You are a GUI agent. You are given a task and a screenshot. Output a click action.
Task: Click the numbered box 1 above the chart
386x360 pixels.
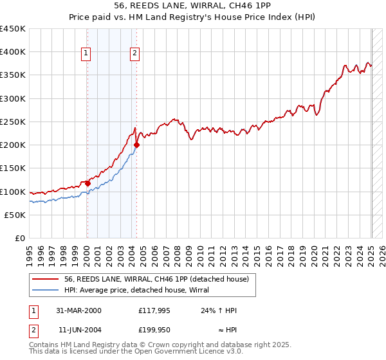pos(86,54)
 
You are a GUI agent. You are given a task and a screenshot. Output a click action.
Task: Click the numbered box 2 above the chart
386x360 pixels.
pos(135,54)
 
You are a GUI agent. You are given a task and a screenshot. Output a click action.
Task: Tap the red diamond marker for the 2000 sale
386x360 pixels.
pos(87,183)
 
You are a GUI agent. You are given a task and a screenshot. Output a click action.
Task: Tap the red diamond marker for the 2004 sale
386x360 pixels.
pos(136,145)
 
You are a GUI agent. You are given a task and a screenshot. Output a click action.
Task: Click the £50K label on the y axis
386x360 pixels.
pos(15,215)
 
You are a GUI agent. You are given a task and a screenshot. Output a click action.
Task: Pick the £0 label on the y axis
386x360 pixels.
pos(21,238)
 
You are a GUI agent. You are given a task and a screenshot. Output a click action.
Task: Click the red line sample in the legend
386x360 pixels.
pos(46,279)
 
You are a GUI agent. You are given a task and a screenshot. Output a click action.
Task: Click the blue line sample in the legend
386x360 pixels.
pos(46,290)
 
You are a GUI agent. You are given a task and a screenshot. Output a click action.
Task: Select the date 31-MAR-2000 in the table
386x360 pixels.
pos(78,310)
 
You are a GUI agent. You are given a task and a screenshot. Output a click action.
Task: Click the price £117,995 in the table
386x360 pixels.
pos(154,310)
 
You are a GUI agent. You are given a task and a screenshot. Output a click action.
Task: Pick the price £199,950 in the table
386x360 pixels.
pos(154,330)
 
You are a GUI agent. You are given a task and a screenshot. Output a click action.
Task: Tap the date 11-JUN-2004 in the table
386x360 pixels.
pos(78,330)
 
